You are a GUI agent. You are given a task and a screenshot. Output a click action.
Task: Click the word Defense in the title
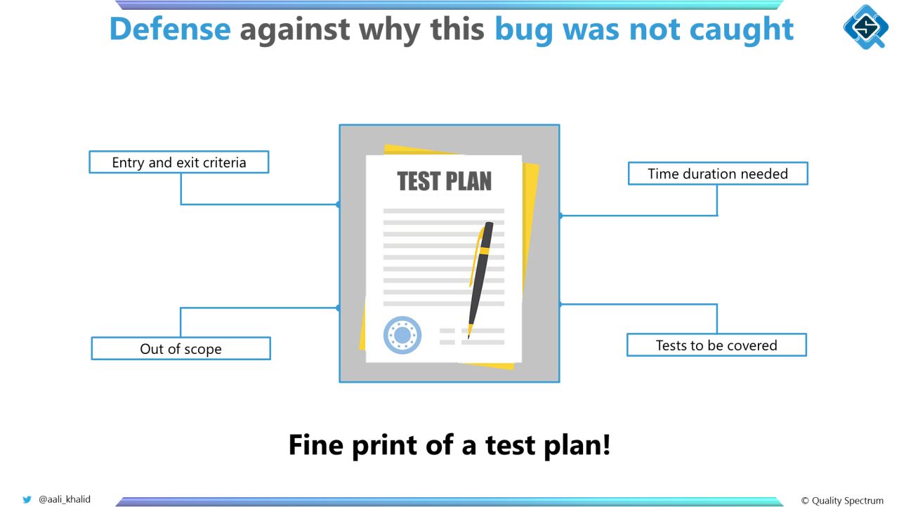click(x=170, y=29)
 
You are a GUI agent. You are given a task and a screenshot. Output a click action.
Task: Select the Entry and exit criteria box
click(x=179, y=162)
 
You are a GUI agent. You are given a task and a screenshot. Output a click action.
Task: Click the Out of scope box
click(x=181, y=348)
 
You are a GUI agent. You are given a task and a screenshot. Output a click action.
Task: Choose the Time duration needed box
click(x=718, y=173)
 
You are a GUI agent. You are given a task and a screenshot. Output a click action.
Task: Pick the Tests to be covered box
click(x=717, y=345)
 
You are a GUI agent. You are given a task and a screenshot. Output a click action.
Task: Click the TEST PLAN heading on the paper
click(x=445, y=181)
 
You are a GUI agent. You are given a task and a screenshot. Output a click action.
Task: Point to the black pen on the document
click(x=480, y=279)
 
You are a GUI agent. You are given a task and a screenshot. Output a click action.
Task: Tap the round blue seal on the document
click(x=402, y=335)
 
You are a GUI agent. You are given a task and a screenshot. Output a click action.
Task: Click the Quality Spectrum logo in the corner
click(x=866, y=27)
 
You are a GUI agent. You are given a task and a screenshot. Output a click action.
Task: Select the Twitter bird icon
click(x=27, y=499)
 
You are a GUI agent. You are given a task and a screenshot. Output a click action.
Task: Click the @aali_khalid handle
click(x=64, y=499)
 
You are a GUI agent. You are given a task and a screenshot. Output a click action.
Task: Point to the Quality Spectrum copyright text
click(x=842, y=501)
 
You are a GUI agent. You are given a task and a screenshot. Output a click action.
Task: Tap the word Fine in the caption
click(x=316, y=445)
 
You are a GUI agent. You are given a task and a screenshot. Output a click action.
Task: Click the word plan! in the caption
click(x=577, y=446)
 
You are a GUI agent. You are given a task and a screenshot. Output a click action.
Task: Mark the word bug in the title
click(x=524, y=30)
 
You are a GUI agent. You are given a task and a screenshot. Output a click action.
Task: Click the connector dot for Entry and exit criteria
click(x=339, y=204)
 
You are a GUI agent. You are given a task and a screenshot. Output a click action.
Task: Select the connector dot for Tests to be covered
click(x=560, y=305)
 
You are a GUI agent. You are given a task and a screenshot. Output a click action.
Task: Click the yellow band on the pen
click(x=485, y=251)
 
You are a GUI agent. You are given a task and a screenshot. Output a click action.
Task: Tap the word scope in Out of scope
click(x=203, y=350)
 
